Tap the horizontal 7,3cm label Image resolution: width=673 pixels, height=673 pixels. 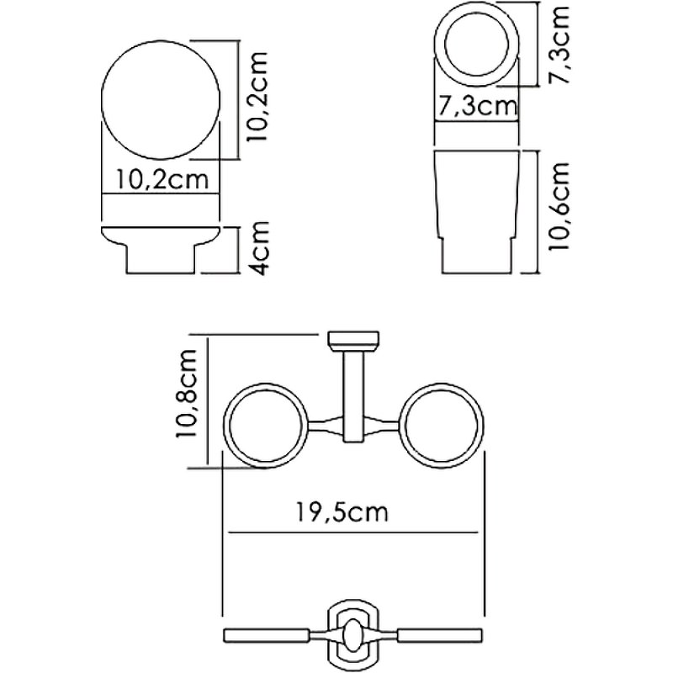click(475, 107)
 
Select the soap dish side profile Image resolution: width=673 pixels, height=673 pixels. click(162, 249)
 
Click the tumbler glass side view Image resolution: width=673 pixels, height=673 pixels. click(475, 210)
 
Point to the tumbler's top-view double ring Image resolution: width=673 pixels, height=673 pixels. click(475, 47)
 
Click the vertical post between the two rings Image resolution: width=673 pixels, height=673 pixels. click(351, 387)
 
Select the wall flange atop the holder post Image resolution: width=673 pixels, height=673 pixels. click(351, 340)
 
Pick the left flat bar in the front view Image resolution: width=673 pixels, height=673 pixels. click(265, 631)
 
